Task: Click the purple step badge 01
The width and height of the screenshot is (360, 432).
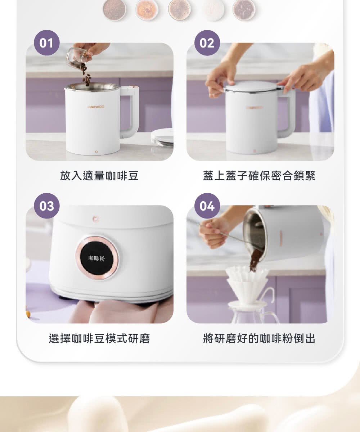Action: [46, 43]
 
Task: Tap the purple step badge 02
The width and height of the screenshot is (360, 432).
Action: [207, 43]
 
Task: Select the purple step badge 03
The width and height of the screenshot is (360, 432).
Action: [46, 206]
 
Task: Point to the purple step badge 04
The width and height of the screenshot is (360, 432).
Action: [207, 206]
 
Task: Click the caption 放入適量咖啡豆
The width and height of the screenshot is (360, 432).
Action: [99, 176]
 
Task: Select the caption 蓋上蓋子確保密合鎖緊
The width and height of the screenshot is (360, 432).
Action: [259, 176]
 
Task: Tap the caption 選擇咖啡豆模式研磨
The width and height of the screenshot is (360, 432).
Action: [99, 338]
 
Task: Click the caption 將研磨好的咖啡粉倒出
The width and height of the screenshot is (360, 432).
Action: [259, 338]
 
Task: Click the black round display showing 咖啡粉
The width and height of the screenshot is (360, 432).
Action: [96, 257]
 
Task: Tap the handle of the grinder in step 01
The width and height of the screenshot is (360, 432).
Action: [130, 112]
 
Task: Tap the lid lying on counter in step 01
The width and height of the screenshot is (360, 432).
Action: [163, 137]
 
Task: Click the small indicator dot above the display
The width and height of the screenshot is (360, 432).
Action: [95, 219]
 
